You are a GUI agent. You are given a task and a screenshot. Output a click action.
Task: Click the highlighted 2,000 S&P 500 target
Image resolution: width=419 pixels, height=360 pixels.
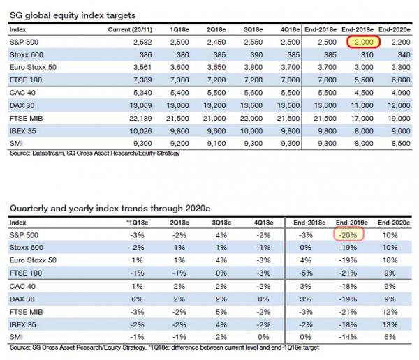click(x=364, y=42)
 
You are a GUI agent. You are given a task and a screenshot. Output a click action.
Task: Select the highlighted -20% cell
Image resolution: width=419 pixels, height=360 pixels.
click(x=348, y=234)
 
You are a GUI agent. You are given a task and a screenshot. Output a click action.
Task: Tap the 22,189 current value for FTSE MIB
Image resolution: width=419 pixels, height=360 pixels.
click(x=140, y=118)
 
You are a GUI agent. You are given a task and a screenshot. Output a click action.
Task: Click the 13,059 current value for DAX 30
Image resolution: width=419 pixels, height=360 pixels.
click(x=140, y=105)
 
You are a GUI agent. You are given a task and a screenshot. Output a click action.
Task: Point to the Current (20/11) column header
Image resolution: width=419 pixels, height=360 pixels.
click(x=130, y=29)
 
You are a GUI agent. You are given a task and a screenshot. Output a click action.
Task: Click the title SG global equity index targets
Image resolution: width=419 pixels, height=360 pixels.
click(x=73, y=15)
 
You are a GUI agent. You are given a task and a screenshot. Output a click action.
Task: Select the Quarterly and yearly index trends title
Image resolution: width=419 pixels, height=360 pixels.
click(x=110, y=208)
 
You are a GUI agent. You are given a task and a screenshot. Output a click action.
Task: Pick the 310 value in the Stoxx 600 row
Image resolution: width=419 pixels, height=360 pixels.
click(x=367, y=54)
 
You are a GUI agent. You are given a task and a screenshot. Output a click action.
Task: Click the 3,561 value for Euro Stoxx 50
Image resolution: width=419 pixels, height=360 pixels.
click(x=142, y=67)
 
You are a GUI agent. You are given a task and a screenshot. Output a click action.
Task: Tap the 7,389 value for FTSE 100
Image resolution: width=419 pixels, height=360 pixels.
click(x=142, y=80)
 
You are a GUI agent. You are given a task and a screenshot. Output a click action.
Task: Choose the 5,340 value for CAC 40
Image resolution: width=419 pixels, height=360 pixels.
click(x=142, y=93)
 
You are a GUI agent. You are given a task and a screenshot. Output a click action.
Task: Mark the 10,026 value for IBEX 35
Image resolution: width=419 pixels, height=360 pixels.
click(x=140, y=131)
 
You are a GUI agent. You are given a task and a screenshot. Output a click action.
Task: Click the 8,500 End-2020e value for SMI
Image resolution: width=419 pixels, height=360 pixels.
click(x=401, y=144)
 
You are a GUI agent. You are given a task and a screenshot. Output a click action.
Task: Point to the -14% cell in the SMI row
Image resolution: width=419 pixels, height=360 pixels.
click(x=348, y=337)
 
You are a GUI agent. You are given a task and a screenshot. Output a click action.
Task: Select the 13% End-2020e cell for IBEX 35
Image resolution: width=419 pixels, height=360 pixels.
click(x=390, y=324)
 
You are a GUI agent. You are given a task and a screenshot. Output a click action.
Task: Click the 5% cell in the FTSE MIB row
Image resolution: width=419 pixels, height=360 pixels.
click(x=221, y=312)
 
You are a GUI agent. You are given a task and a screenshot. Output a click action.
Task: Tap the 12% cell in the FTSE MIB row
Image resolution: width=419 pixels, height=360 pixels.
click(x=390, y=312)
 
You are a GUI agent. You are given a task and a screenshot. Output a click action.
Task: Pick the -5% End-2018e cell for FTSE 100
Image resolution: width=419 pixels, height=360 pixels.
click(x=306, y=273)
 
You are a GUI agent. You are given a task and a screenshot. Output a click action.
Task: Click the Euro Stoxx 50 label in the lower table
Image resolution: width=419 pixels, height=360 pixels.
click(x=33, y=260)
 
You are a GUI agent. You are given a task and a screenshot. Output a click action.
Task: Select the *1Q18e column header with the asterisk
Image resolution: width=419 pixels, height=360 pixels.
click(x=137, y=223)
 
